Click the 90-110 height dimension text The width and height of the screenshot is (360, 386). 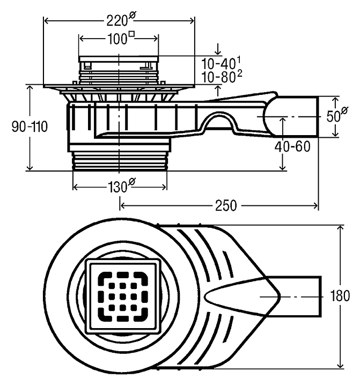pyautogui.click(x=30, y=127)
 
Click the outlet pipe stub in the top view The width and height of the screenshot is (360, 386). pyautogui.click(x=300, y=295)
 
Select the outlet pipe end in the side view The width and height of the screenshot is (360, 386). pyautogui.click(x=300, y=116)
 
